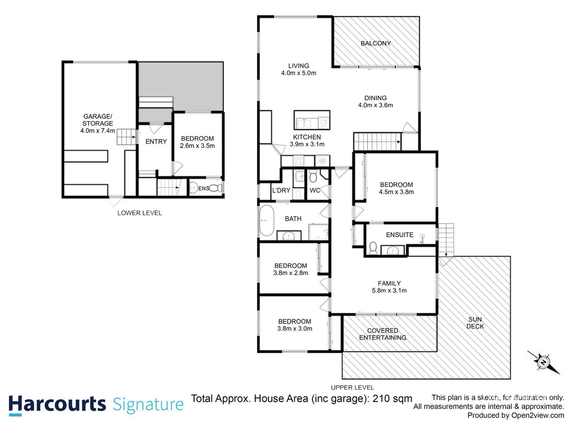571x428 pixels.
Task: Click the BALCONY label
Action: tap(376, 43)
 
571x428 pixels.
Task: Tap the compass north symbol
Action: tap(543, 362)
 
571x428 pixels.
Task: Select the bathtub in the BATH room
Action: tap(266, 221)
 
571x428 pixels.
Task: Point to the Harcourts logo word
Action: tap(57, 404)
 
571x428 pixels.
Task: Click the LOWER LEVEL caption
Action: tap(140, 213)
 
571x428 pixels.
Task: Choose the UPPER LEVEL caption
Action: tap(352, 388)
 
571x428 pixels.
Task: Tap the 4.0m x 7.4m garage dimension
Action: tap(98, 131)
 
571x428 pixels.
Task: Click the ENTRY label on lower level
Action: tap(156, 141)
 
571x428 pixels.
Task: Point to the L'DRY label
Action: tap(281, 191)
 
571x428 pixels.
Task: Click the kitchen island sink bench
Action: tap(312, 120)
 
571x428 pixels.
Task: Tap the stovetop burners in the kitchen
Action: tap(298, 160)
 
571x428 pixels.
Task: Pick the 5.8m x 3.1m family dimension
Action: tap(389, 290)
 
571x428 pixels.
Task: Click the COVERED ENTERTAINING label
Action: tap(383, 334)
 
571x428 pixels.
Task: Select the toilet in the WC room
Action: tap(313, 176)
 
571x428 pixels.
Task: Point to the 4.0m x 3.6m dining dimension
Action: tap(376, 105)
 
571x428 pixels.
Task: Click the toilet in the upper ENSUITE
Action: tap(373, 248)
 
